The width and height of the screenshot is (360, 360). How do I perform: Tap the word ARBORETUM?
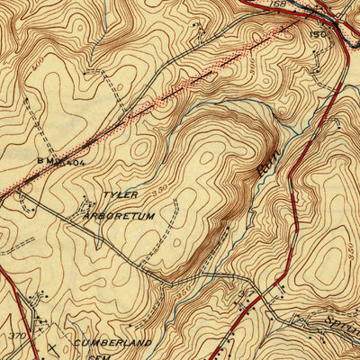[x=128, y=217]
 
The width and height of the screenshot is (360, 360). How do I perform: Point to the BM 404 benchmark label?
[x=60, y=161]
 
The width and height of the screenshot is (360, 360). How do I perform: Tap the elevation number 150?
[x=317, y=33]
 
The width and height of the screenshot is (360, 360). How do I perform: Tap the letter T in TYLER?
[x=104, y=195]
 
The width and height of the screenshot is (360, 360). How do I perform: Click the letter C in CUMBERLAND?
[x=78, y=343]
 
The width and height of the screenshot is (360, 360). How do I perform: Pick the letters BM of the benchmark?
[x=45, y=161]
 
